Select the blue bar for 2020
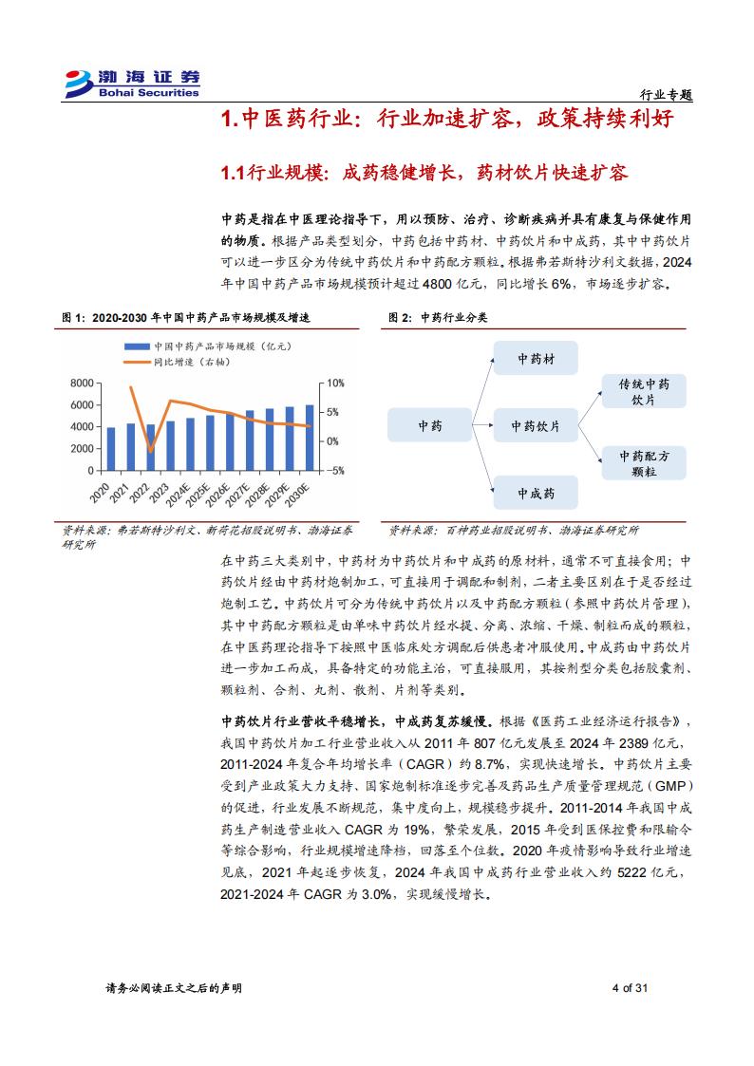(112, 449)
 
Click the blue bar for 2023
(171, 446)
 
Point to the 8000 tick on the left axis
(83, 383)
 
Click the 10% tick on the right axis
(335, 383)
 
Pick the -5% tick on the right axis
(335, 471)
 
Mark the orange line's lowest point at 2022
(151, 450)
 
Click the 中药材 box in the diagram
(536, 359)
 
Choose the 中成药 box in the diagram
(536, 494)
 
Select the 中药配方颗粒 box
(644, 462)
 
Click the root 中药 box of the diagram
(430, 426)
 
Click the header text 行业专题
(666, 96)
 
